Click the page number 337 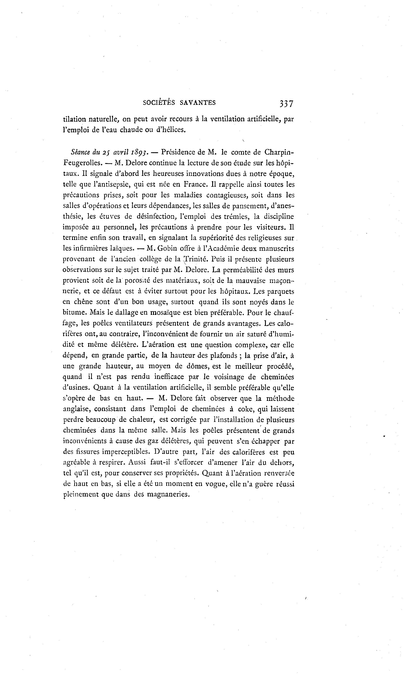287,103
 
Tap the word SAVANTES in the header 198,102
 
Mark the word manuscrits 277,249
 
